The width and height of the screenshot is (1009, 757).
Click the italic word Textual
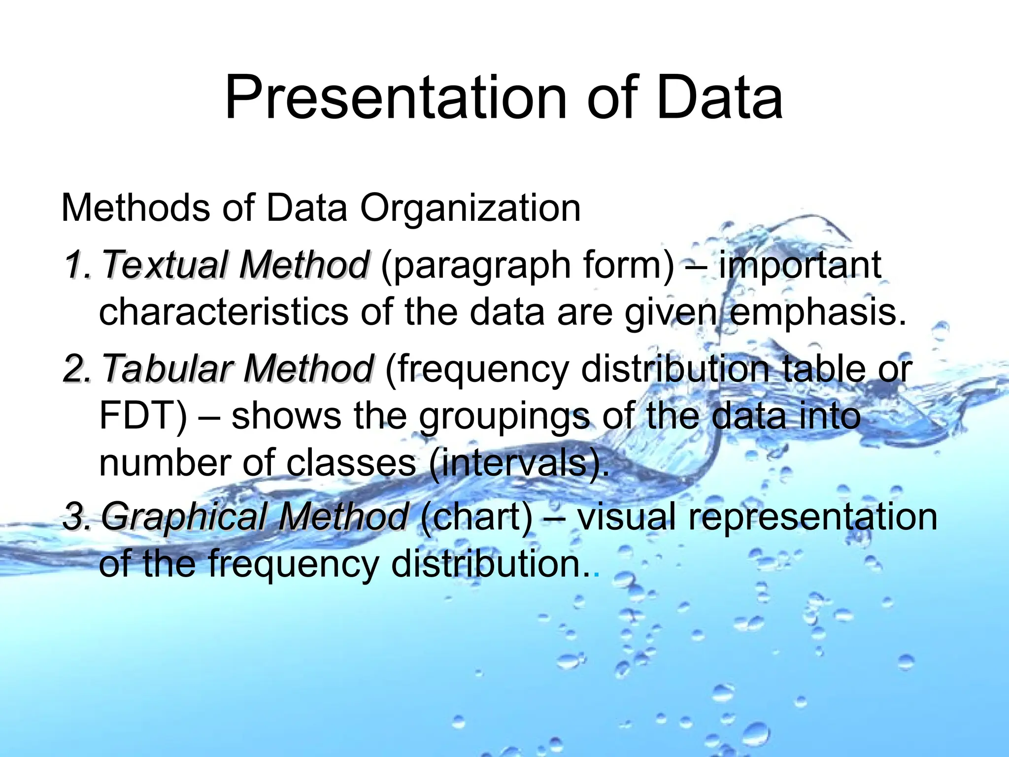[166, 265]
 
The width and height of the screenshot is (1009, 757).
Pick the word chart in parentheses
[477, 517]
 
